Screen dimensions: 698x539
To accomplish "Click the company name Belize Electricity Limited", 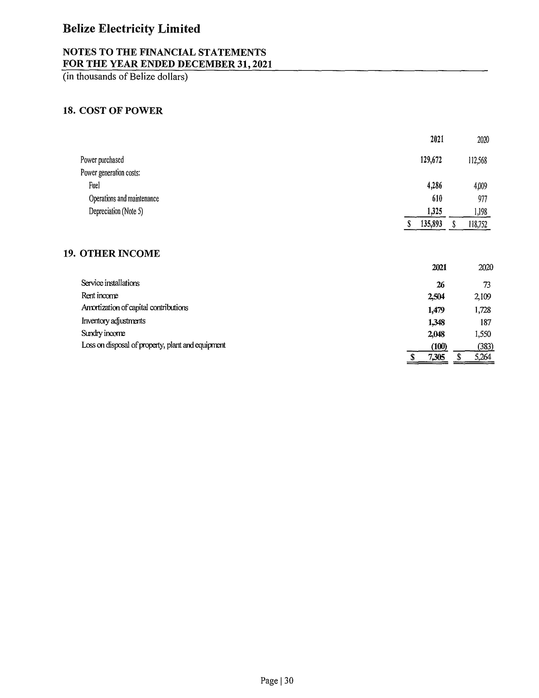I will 131,29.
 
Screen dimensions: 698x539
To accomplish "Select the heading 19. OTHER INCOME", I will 111,253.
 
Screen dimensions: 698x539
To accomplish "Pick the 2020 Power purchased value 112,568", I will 477,160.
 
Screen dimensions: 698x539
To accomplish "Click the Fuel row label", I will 94,185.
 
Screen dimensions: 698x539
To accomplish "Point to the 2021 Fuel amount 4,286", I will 434,185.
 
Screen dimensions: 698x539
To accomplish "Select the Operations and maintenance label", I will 124,198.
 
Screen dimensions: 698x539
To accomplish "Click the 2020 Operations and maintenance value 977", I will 483,199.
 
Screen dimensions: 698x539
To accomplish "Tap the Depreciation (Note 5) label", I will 116,211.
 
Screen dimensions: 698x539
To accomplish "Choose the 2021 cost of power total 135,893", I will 431,224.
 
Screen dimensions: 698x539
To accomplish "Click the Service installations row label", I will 110,283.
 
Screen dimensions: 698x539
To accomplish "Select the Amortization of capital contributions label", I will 134,308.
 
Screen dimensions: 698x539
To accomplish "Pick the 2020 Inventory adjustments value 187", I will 485,322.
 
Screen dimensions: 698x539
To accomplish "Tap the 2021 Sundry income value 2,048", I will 436,334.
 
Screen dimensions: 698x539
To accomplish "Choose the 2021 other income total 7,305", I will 436,357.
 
